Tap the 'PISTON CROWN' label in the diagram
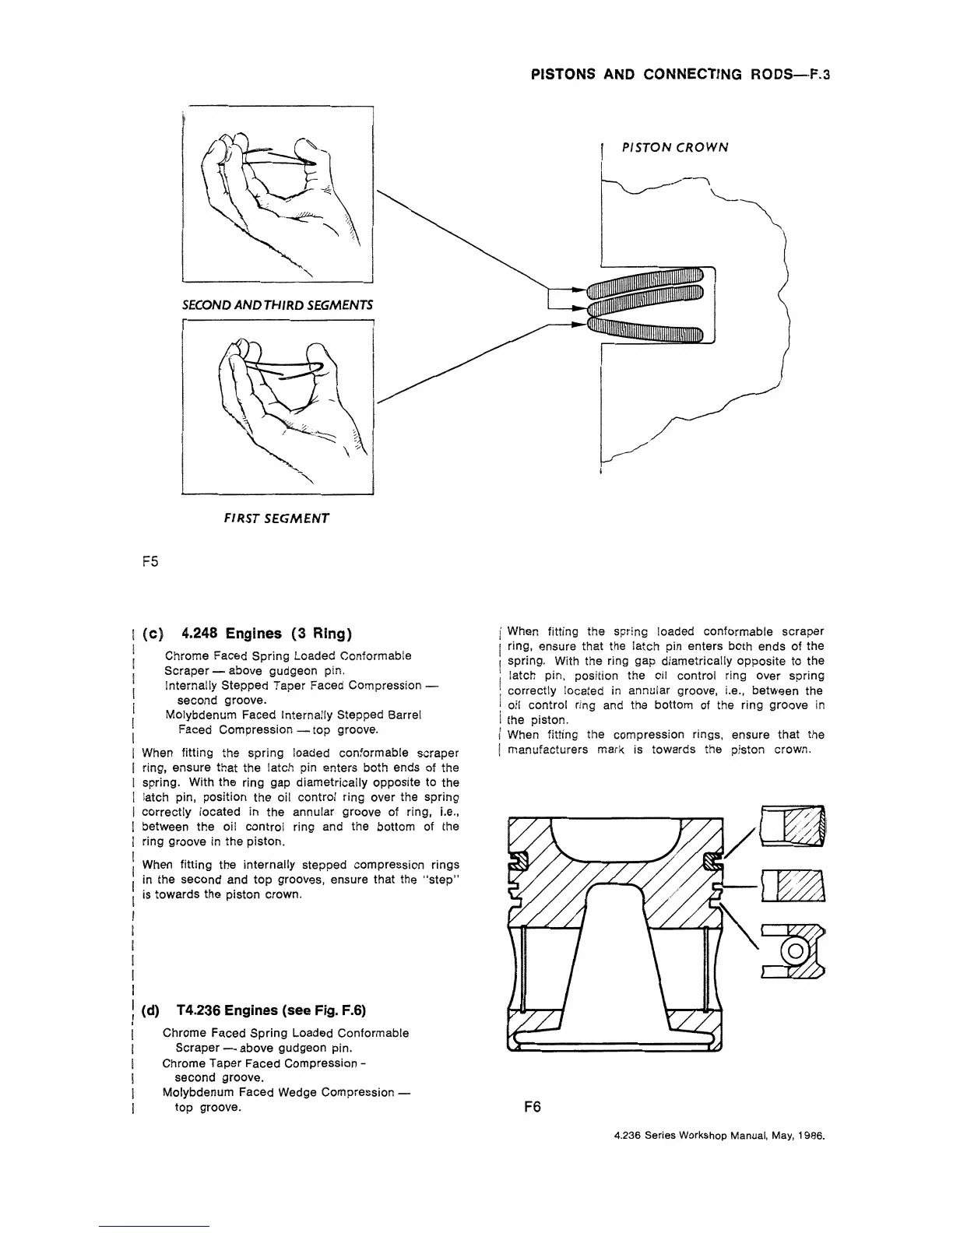click(x=674, y=147)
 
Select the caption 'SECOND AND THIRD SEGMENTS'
click(x=277, y=304)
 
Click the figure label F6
click(x=533, y=1106)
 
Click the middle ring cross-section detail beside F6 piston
click(x=793, y=886)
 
